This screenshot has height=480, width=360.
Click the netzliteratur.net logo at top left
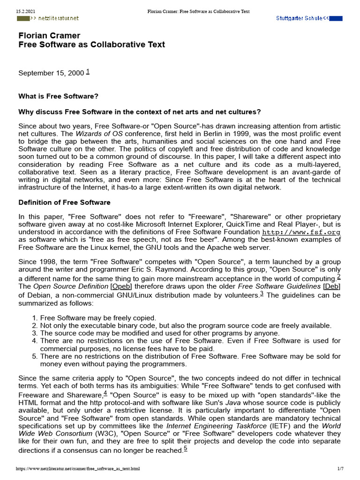pos(48,18)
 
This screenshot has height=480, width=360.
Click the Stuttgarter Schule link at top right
pos(309,18)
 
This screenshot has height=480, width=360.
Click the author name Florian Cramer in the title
pos(49,36)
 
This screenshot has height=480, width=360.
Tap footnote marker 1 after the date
pos(88,72)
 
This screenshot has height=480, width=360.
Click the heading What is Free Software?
pos(58,96)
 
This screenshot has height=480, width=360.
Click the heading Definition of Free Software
pos(64,202)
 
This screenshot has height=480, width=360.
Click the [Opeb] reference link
pos(121,286)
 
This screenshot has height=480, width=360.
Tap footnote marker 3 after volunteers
pos(262,294)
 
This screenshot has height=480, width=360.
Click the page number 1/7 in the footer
pos(341,468)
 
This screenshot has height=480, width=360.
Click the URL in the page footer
pos(78,468)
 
